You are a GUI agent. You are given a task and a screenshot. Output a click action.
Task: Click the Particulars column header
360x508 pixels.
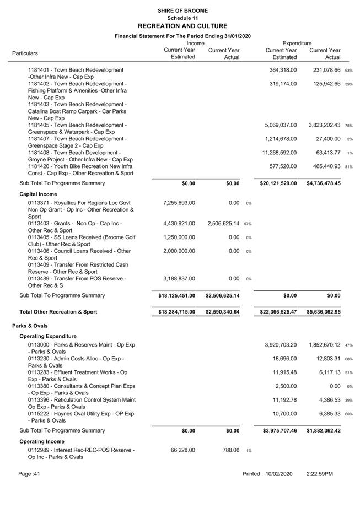click(x=25, y=53)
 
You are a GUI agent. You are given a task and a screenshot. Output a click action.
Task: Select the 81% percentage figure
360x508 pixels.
click(x=349, y=166)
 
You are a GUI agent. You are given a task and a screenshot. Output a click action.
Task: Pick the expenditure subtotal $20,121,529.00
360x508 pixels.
click(x=278, y=183)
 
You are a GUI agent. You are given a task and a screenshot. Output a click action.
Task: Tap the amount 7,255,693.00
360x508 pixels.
click(x=179, y=203)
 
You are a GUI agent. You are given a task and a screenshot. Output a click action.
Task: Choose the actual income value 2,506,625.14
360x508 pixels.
click(x=223, y=224)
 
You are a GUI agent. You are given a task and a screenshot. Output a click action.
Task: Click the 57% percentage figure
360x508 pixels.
click(x=248, y=224)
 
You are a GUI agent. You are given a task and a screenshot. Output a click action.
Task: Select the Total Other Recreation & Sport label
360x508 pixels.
click(x=58, y=312)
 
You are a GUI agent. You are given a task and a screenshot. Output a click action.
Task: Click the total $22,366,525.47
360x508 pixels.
click(x=278, y=312)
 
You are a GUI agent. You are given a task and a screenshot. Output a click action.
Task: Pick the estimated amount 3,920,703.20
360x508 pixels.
click(x=281, y=345)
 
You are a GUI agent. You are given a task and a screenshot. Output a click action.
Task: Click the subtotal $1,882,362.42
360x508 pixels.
click(x=324, y=430)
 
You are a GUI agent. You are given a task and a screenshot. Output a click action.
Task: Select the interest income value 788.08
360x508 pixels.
click(x=228, y=450)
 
